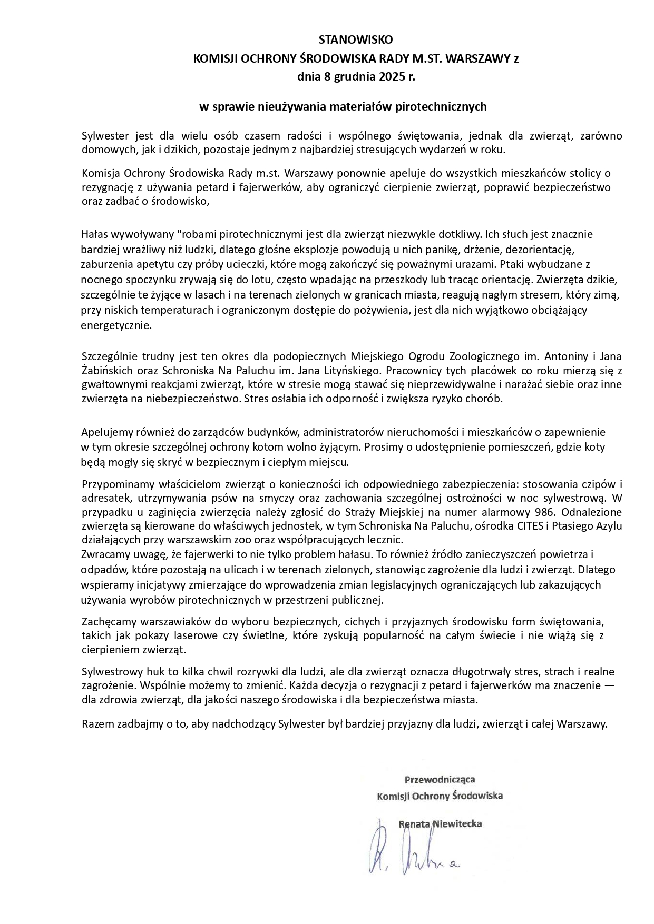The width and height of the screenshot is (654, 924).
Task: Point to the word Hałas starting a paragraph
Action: coord(94,234)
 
